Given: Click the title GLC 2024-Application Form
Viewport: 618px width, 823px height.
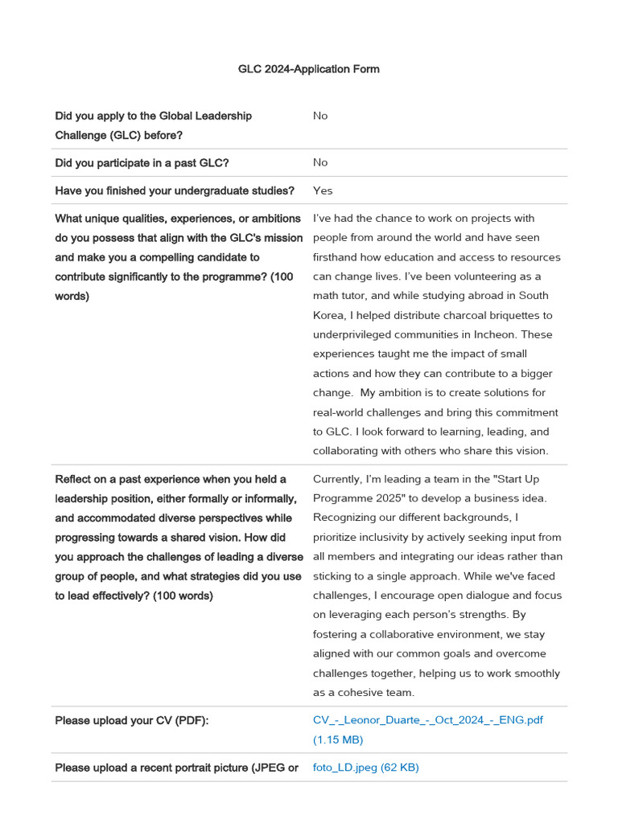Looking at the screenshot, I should point(308,69).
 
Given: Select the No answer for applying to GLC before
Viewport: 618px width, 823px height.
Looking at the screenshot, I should point(320,116).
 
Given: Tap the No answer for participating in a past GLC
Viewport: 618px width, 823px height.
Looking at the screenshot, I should point(320,162).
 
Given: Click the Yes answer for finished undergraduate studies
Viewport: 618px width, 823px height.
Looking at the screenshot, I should point(323,190).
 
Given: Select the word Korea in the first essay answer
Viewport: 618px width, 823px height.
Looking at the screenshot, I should point(331,315).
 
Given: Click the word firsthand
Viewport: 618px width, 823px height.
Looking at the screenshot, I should point(336,257).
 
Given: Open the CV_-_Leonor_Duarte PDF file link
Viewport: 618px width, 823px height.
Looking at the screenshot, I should point(427,720).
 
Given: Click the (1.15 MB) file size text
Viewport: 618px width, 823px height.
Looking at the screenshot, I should point(338,739).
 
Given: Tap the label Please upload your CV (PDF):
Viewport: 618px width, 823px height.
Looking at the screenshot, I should point(132,720).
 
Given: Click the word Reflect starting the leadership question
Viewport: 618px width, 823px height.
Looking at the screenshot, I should point(73,479).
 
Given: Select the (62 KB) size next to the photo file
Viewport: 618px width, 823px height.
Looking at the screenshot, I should point(400,768).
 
